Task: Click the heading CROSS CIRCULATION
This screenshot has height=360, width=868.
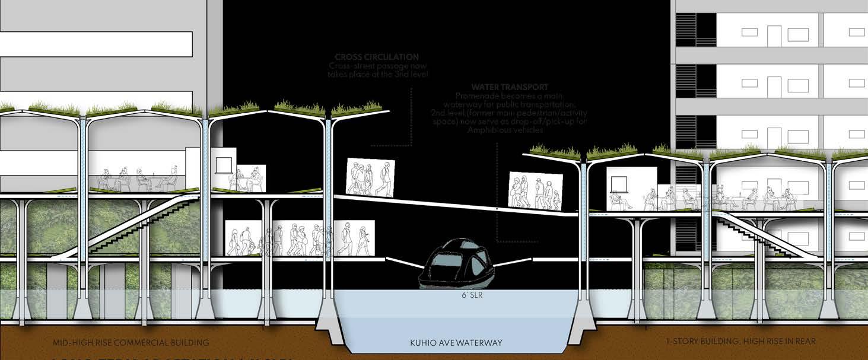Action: [377, 58]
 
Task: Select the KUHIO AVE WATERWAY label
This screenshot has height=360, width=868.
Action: [456, 343]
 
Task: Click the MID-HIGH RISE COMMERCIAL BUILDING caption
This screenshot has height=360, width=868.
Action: [131, 342]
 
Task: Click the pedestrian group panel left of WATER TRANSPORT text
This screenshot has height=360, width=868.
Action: [370, 177]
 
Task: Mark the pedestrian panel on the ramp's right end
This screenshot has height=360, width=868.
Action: [535, 191]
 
